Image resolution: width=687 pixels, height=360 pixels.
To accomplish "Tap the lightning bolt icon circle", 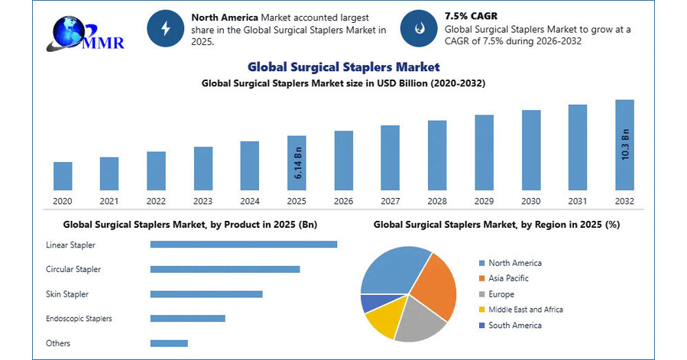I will coord(165,29).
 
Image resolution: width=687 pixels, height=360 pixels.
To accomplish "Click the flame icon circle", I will coord(418,29).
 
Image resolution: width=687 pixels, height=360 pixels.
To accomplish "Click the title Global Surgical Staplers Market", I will coord(343,66).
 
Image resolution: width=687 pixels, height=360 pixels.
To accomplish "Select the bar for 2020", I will coord(63,175).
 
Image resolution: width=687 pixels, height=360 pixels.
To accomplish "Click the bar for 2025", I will coord(297,162).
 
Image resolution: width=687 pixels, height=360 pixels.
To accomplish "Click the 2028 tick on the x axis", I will coord(437,201).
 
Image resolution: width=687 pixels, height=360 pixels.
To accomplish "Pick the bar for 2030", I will coord(531,149).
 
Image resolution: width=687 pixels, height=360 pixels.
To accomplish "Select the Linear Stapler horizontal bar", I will coord(244,245).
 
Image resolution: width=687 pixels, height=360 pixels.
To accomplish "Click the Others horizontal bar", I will coord(169,343).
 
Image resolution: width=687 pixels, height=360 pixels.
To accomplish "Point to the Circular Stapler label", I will coord(73,269).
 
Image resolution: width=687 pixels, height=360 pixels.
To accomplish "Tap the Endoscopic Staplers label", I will coord(79,318).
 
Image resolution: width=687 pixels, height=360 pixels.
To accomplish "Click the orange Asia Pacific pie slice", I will coord(435,282).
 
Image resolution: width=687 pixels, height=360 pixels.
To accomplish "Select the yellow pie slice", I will coord(381,320).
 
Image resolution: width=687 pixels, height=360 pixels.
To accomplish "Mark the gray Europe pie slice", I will coord(420,320).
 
